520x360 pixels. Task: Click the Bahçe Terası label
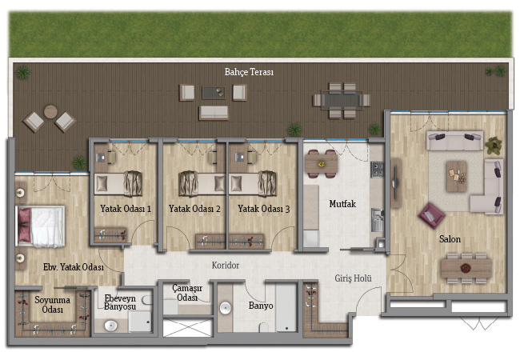pyautogui.click(x=249, y=72)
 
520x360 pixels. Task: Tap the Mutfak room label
pyautogui.click(x=342, y=203)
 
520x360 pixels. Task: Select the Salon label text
pyautogui.click(x=450, y=238)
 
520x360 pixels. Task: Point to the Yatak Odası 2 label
pyautogui.click(x=194, y=209)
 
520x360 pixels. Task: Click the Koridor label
pyautogui.click(x=226, y=265)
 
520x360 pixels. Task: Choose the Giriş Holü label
pyautogui.click(x=353, y=278)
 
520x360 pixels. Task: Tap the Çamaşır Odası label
pyautogui.click(x=187, y=293)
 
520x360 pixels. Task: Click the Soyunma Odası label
pyautogui.click(x=52, y=305)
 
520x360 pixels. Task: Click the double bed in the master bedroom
pyautogui.click(x=40, y=226)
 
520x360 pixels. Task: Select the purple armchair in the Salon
pyautogui.click(x=431, y=216)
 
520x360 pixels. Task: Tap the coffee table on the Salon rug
pyautogui.click(x=457, y=176)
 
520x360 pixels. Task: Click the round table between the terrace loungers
pyautogui.click(x=50, y=112)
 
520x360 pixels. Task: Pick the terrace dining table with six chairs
pyautogui.click(x=342, y=100)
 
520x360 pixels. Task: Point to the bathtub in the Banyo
pyautogui.click(x=286, y=307)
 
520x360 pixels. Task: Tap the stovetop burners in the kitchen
pyautogui.click(x=377, y=170)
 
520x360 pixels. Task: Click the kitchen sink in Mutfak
pyautogui.click(x=377, y=220)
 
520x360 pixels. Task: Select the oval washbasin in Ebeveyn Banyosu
pyautogui.click(x=110, y=325)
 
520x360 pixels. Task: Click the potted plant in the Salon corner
pyautogui.click(x=494, y=145)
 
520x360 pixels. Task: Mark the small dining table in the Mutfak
pyautogui.click(x=322, y=164)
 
